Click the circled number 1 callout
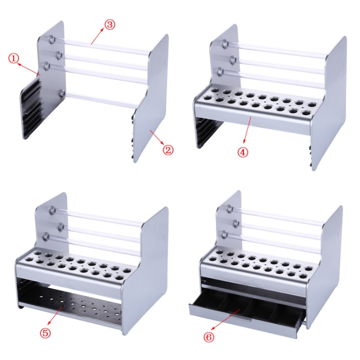[x=14, y=59]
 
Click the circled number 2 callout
[x=168, y=150]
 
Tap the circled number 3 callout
[x=109, y=24]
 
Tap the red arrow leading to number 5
[x=57, y=316]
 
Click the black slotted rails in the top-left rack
[x=31, y=108]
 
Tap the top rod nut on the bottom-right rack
[x=230, y=209]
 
